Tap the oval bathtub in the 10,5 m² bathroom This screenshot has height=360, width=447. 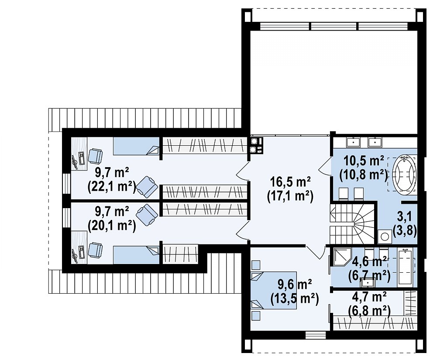(x=404, y=173)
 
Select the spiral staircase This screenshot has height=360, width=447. (x=352, y=224)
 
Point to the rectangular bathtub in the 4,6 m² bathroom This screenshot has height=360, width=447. (x=405, y=266)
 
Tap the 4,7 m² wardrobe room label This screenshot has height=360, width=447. (x=369, y=297)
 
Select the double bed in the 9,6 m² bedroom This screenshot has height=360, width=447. (x=274, y=290)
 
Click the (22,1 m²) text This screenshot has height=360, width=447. (x=112, y=187)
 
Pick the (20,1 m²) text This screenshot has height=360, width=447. (x=112, y=226)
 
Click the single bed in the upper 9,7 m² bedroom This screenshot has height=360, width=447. (x=136, y=146)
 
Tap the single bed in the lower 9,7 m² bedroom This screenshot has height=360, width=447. (x=136, y=255)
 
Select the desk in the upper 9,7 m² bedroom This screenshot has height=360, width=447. (x=79, y=154)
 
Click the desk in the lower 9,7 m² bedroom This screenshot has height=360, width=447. (x=79, y=247)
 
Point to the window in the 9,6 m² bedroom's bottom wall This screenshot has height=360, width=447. (x=316, y=335)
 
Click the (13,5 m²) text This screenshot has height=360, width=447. (x=294, y=299)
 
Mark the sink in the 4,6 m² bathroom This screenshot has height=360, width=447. (x=367, y=282)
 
